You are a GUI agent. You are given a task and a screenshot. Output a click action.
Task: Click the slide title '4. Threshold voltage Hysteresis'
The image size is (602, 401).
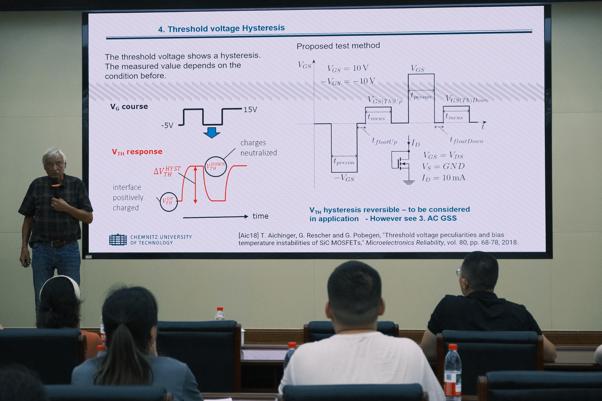221,28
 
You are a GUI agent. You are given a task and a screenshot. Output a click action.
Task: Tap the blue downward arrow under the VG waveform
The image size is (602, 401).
212,132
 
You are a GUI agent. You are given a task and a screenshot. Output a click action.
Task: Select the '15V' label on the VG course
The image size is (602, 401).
250,110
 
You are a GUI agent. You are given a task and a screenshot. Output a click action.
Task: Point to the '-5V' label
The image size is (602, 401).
167,125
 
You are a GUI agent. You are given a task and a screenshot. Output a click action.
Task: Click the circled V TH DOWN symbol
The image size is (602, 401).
215,167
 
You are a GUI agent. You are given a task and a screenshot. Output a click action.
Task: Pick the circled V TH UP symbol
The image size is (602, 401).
169,202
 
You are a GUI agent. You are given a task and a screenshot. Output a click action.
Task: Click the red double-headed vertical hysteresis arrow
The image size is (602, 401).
195,185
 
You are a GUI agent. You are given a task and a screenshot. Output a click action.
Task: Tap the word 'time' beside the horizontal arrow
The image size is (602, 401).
260,216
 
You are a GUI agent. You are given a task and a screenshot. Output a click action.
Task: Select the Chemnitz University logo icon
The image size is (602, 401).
118,239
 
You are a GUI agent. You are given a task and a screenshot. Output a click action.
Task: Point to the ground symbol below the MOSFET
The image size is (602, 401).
409,182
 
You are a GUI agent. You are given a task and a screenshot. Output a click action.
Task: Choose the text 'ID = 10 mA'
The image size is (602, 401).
444,178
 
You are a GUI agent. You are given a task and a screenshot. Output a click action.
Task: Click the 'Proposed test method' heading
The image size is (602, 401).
338,46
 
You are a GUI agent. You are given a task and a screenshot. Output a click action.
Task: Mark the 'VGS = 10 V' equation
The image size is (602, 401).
348,68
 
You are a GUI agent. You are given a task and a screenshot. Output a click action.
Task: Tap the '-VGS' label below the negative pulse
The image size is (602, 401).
344,178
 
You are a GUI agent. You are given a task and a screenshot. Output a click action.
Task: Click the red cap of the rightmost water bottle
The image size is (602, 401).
453,347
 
